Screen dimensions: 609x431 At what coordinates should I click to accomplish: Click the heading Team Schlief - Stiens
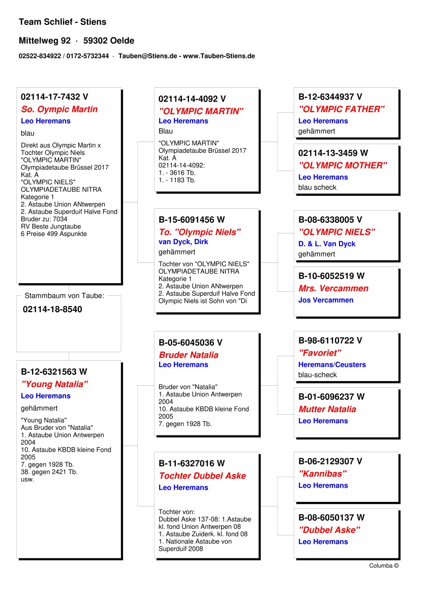[x=63, y=22]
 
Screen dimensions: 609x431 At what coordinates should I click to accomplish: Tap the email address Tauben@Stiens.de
[x=147, y=56]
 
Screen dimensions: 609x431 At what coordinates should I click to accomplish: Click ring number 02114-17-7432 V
[x=54, y=96]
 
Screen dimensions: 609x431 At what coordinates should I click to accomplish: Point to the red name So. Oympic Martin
[x=59, y=109]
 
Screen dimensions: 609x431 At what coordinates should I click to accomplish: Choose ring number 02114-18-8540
[x=52, y=309]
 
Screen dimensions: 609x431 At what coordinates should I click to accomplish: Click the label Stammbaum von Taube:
[x=64, y=295]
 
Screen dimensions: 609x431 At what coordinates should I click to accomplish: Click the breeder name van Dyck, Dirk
[x=183, y=242]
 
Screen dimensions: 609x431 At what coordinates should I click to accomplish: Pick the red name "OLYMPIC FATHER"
[x=342, y=109]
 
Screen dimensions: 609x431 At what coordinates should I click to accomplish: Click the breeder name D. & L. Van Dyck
[x=327, y=244]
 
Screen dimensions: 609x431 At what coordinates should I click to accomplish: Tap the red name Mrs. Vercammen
[x=333, y=288]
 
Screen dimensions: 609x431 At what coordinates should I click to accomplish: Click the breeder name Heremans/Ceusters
[x=332, y=364]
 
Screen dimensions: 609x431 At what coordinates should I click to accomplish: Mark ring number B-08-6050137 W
[x=331, y=518]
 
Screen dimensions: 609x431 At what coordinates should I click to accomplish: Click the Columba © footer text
[x=384, y=566]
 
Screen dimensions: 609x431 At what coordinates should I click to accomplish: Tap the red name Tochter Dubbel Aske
[x=202, y=476]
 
